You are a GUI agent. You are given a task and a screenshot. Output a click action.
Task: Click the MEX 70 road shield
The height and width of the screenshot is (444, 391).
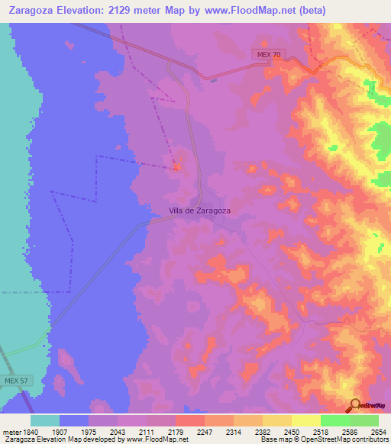[x=267, y=54]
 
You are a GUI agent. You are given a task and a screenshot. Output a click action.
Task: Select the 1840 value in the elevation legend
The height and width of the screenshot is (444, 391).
[x=27, y=432]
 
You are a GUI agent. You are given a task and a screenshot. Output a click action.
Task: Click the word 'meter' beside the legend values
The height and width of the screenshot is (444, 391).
[x=9, y=432]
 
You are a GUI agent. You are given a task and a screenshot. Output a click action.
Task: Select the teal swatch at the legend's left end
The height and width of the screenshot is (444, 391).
[x=45, y=420]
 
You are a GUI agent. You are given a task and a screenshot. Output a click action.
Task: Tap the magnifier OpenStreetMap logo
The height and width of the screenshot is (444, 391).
[x=355, y=404]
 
